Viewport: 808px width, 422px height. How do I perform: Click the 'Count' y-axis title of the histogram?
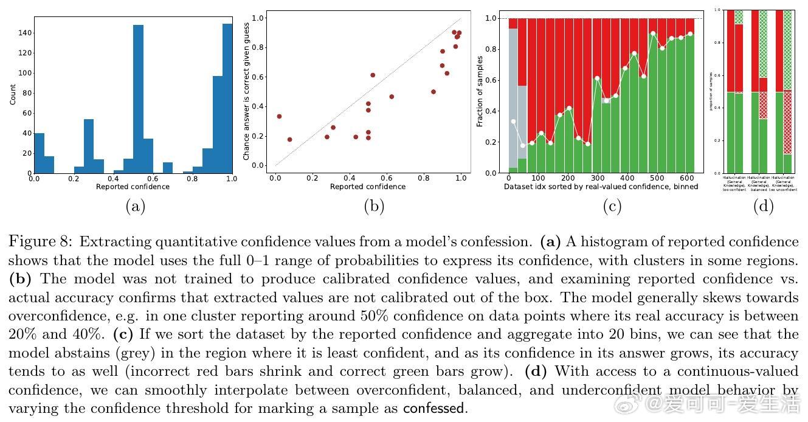click(13, 94)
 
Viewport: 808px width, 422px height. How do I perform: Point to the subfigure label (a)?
click(135, 206)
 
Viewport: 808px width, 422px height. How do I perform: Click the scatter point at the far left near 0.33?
click(279, 116)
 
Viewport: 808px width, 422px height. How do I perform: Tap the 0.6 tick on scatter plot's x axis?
click(387, 178)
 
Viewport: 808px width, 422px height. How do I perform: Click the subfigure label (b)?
click(374, 206)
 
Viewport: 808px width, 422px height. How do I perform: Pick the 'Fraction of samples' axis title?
click(480, 91)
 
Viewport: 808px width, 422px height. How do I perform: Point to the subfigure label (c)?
click(612, 206)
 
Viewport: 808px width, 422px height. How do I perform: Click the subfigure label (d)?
click(763, 206)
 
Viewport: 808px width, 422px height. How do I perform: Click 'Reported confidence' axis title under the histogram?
click(133, 187)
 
